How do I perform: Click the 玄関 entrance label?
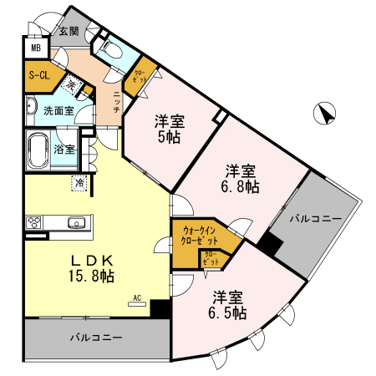pos(69,31)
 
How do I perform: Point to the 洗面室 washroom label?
pos(58,109)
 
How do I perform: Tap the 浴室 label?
pos(64,150)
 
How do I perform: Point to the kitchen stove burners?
pos(36,222)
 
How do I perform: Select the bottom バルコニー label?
pos(95,339)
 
